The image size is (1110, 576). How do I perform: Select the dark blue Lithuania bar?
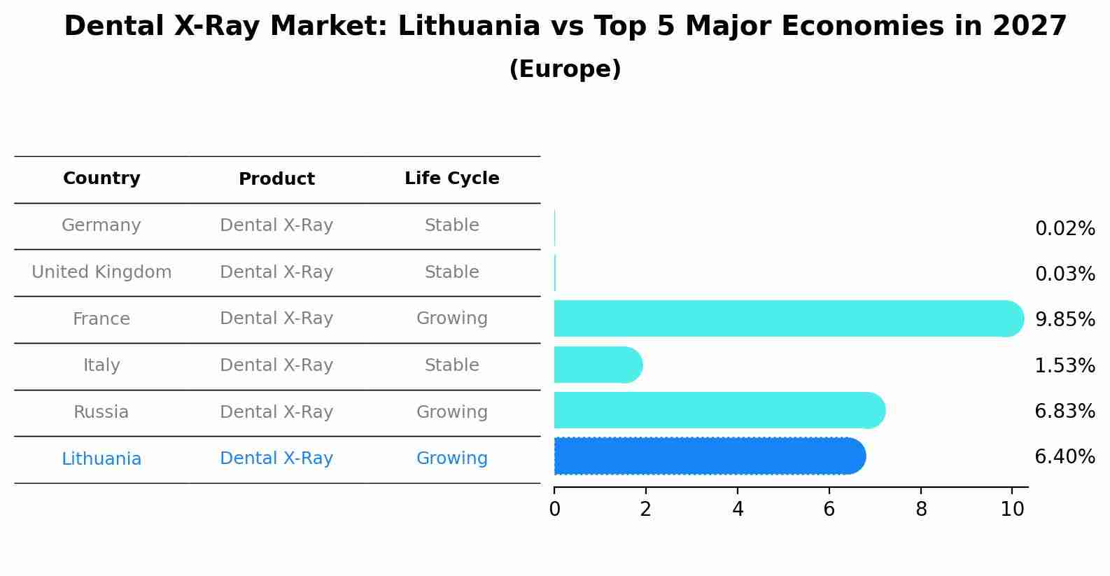click(x=709, y=456)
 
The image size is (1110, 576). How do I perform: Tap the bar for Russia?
click(x=719, y=410)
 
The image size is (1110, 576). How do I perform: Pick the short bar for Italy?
click(x=597, y=365)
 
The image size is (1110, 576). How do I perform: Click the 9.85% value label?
click(x=1065, y=320)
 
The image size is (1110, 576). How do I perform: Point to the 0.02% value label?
click(x=1065, y=229)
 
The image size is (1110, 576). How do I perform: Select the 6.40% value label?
click(x=1065, y=457)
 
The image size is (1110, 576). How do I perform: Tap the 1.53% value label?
click(x=1065, y=365)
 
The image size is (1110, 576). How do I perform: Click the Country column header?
click(x=101, y=178)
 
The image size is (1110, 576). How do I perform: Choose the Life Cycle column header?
click(x=451, y=178)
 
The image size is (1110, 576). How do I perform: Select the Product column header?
click(x=276, y=179)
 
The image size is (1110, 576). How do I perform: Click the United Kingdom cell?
click(x=101, y=272)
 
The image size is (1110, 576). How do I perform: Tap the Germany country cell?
click(x=101, y=225)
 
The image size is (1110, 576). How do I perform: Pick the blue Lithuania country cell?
click(x=101, y=459)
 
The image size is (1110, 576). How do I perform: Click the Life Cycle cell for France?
click(x=451, y=318)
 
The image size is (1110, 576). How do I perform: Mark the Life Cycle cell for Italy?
click(x=451, y=365)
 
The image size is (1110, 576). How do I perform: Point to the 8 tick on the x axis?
click(x=921, y=510)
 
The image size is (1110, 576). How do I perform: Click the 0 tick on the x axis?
click(x=554, y=510)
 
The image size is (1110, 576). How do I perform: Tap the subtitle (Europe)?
click(x=565, y=69)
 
